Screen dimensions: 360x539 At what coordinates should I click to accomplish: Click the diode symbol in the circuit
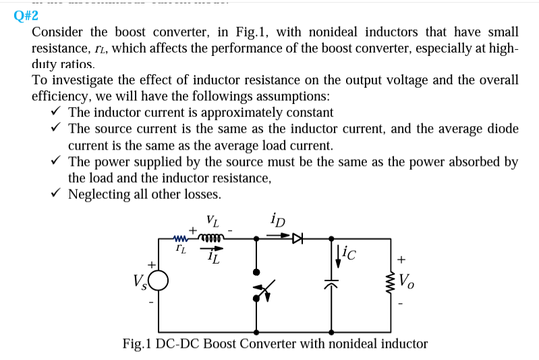point(297,237)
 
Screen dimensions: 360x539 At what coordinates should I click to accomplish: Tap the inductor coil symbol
point(210,237)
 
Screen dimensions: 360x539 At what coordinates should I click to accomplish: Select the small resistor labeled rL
point(181,238)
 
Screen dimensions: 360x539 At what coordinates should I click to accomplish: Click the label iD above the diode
point(277,219)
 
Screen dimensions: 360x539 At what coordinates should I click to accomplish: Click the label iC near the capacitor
point(348,253)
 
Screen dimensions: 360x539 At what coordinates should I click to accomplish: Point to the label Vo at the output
point(407,280)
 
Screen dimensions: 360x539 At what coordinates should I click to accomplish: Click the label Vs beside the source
point(140,280)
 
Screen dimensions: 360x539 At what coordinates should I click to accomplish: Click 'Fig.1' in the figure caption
point(138,344)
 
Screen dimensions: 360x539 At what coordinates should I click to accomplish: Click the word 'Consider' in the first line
point(57,32)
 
